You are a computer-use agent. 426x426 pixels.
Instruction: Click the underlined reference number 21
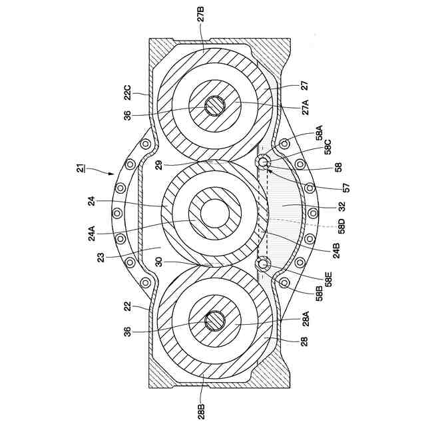81,170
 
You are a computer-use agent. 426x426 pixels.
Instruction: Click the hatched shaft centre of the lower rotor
215,321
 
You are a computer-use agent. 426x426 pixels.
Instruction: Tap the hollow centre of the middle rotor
215,214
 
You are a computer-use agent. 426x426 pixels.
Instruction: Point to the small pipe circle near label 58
264,162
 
